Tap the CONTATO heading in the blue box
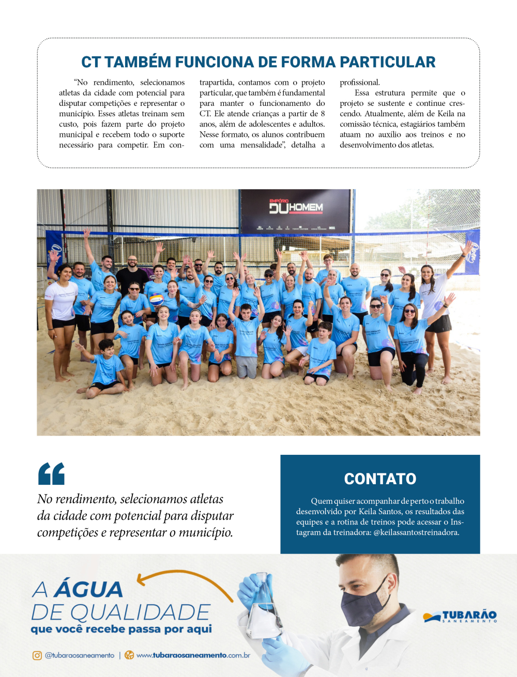tap(380, 479)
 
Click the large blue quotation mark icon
tap(51, 473)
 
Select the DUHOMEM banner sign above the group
tap(296, 208)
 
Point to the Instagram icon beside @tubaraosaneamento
tap(37, 655)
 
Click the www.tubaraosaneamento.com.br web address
tap(193, 655)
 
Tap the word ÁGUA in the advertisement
tap(88, 590)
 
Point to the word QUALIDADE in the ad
tap(140, 612)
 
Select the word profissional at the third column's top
tap(359, 83)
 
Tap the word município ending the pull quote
tap(207, 533)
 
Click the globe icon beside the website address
tap(129, 655)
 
